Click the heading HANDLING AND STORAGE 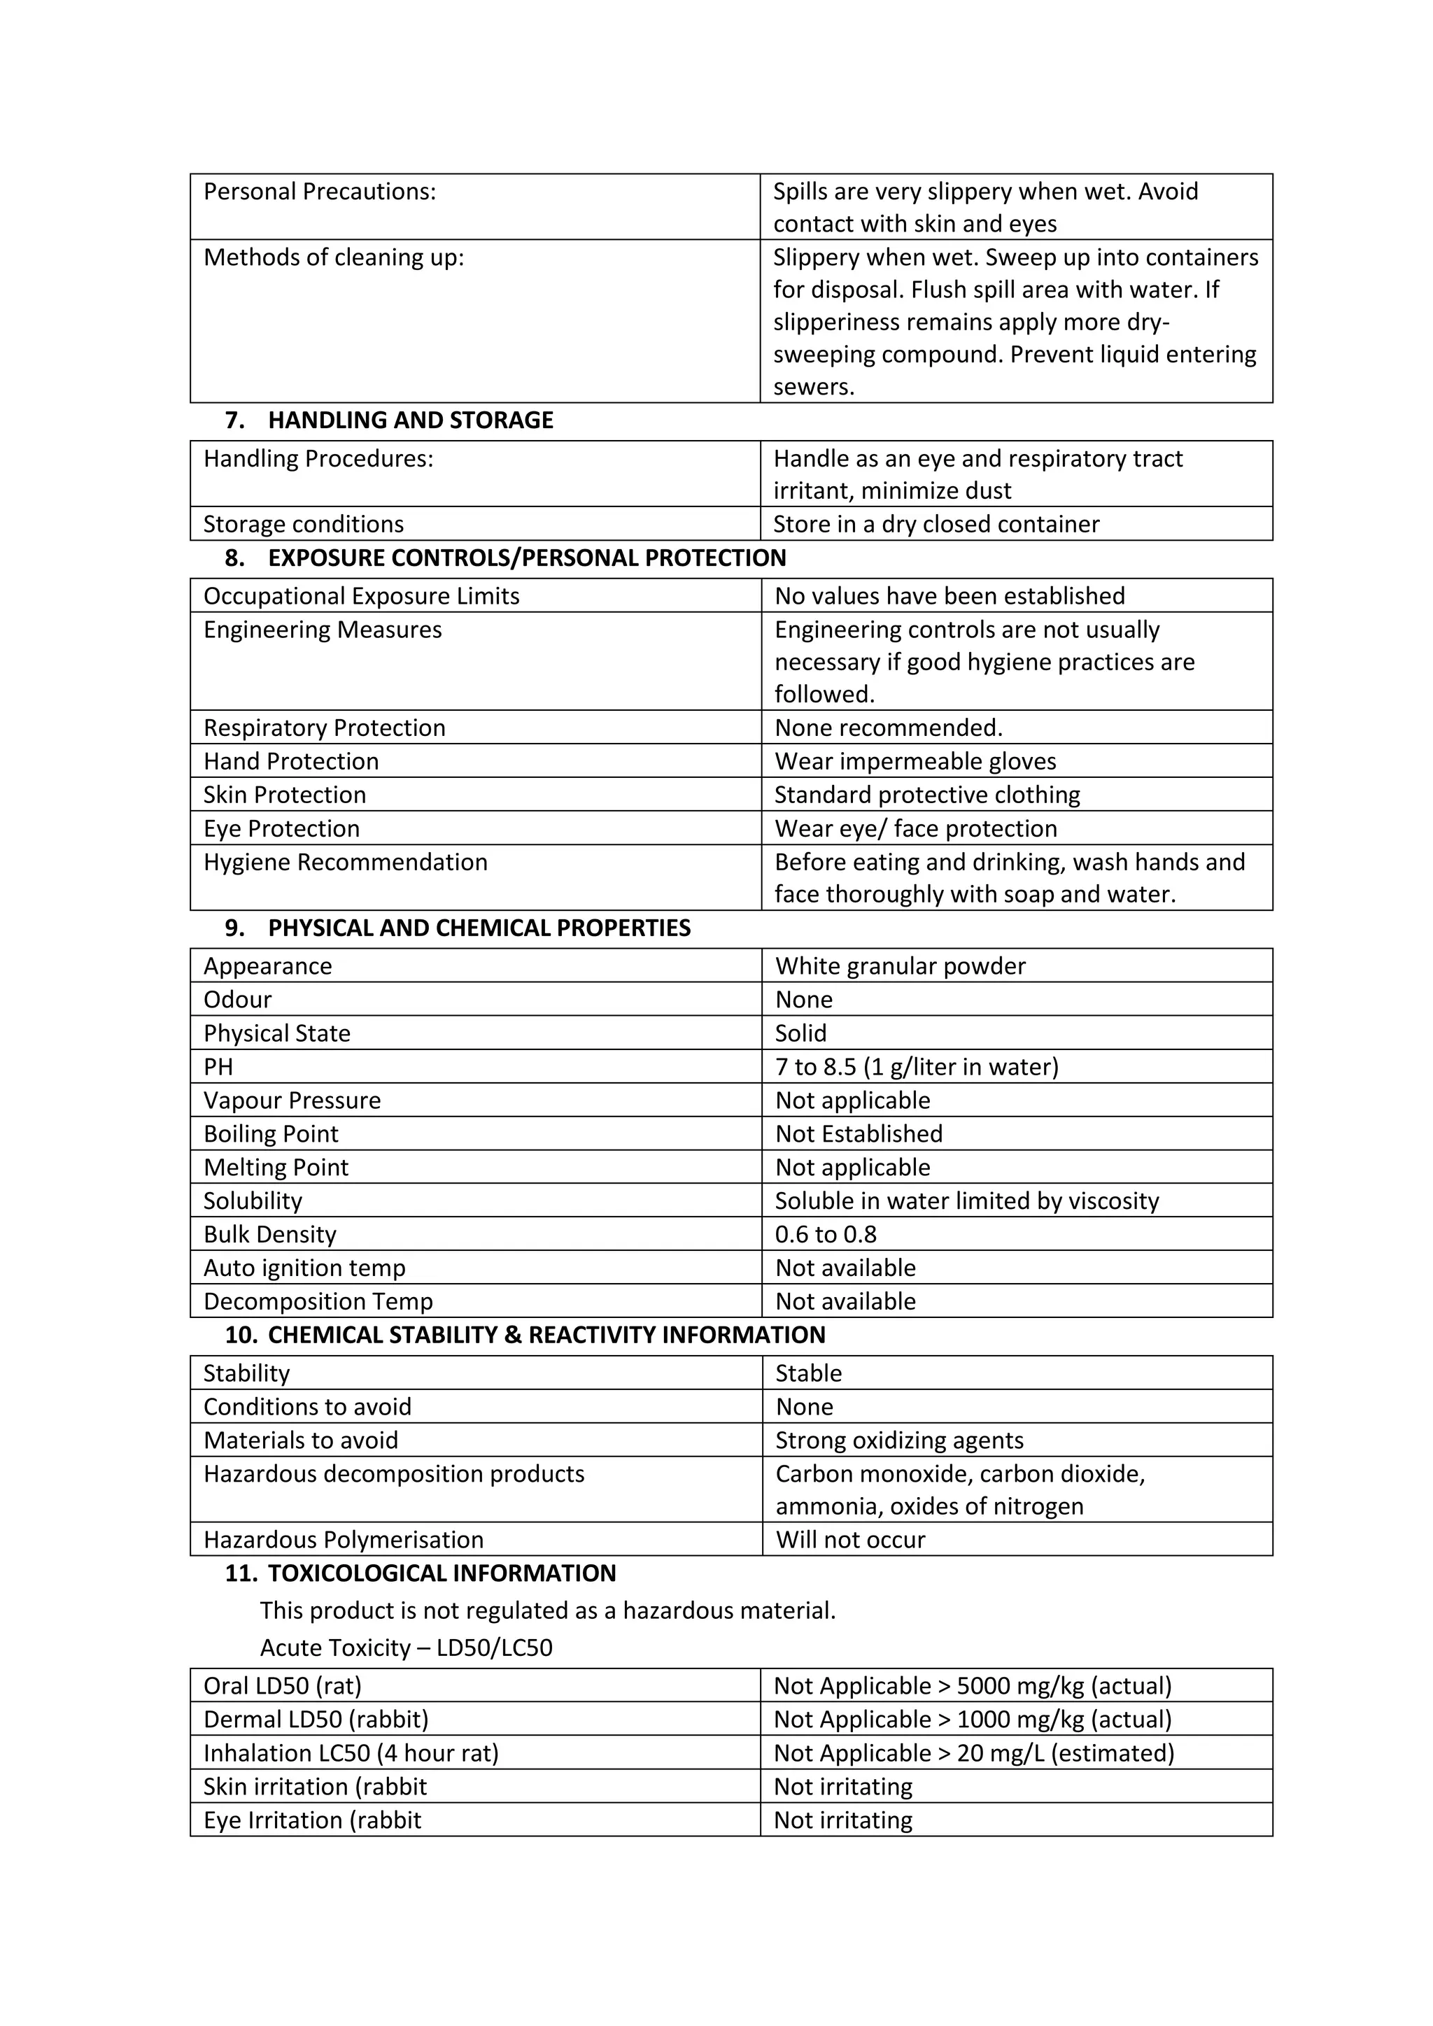coord(410,420)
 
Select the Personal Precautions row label coord(320,192)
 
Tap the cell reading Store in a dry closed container coord(936,524)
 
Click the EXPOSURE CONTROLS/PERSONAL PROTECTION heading coord(527,558)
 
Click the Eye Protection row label coord(281,828)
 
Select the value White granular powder coord(900,965)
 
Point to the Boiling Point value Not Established coord(859,1133)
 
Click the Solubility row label coord(253,1201)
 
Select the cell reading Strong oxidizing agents coord(899,1440)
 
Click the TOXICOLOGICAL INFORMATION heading coord(442,1573)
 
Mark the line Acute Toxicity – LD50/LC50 coord(406,1648)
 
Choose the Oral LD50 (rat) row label coord(283,1685)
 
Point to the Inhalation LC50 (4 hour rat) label coord(351,1752)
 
